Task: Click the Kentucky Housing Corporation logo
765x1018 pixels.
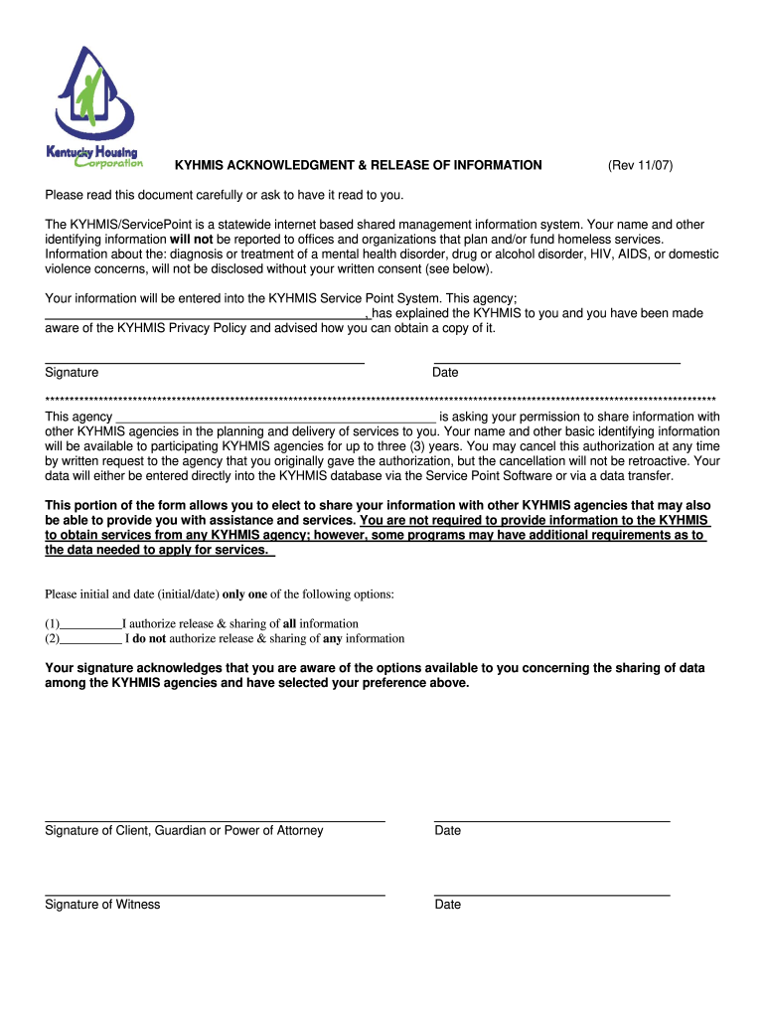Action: pos(94,106)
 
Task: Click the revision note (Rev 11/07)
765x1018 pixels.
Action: pos(640,165)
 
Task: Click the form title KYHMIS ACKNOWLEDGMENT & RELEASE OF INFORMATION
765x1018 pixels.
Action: pos(359,165)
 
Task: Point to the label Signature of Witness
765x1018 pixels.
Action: pos(102,905)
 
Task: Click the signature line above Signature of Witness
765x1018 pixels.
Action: pos(215,895)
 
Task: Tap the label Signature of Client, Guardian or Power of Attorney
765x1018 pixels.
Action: pos(184,831)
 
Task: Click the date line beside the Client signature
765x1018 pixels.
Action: pos(551,821)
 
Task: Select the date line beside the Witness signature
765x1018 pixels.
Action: pos(551,895)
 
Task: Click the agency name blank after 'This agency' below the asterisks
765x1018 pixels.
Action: pos(275,418)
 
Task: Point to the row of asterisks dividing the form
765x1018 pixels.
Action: pos(381,399)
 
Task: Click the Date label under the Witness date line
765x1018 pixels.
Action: pos(447,905)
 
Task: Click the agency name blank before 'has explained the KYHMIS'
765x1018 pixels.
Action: pos(206,314)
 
